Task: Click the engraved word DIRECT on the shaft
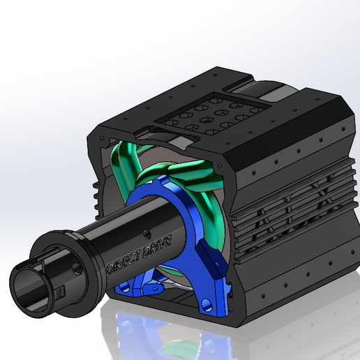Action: click(x=123, y=260)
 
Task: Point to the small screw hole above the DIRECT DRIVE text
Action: click(x=147, y=234)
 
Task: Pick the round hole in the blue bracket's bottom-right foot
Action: click(x=206, y=303)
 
